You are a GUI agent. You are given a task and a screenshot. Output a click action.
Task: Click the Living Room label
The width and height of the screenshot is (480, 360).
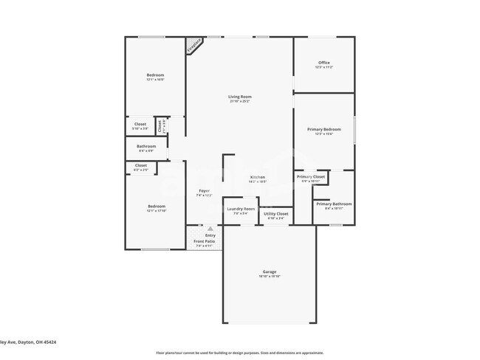click(239, 97)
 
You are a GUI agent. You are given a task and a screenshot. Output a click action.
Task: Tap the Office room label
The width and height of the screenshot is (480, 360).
click(324, 63)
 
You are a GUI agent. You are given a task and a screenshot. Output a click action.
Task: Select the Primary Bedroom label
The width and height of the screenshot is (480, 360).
click(324, 130)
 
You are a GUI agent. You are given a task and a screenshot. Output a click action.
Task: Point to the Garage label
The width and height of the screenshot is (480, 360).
click(269, 271)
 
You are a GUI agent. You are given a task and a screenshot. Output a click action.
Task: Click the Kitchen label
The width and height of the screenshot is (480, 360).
click(257, 177)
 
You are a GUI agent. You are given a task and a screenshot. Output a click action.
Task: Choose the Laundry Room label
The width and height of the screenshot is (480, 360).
click(240, 209)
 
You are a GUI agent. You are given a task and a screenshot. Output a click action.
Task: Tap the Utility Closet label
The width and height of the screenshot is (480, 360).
click(275, 214)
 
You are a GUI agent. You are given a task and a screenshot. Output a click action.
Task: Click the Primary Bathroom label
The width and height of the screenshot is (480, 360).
click(334, 204)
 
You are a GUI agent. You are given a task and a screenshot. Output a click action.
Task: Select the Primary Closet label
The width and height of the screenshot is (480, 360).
click(311, 177)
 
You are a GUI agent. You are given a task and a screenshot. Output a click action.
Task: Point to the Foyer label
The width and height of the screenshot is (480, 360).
click(204, 191)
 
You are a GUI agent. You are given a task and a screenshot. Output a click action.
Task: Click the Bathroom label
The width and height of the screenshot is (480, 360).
click(145, 146)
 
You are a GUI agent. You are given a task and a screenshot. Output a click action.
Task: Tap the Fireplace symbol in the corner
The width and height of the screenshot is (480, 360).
click(195, 44)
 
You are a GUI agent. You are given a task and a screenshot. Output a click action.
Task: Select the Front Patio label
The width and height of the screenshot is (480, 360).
click(205, 241)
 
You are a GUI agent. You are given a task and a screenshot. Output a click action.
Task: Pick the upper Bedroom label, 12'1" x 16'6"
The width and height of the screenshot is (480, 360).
click(155, 75)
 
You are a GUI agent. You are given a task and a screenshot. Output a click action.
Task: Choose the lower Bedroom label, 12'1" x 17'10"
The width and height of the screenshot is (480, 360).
click(156, 206)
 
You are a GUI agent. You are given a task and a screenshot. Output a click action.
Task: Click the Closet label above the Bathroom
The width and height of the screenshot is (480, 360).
click(140, 124)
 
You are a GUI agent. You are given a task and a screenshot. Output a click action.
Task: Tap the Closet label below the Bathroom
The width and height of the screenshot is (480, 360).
click(140, 165)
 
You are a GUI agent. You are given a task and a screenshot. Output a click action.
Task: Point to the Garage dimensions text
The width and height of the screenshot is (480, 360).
click(269, 277)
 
